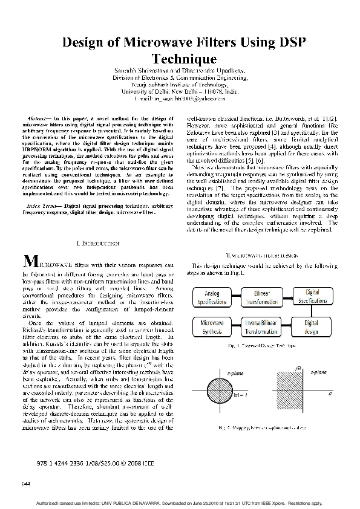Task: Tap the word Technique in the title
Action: point(183,59)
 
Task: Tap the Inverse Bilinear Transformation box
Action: point(261,328)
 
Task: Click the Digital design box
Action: point(311,328)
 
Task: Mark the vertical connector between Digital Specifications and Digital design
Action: point(311,312)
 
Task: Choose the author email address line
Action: point(180,97)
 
